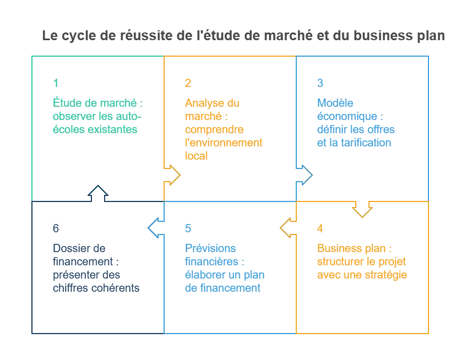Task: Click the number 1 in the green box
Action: click(x=56, y=83)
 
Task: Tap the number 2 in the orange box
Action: click(x=188, y=83)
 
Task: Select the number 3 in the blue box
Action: click(x=320, y=83)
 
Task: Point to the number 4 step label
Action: click(x=320, y=228)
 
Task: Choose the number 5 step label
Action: click(x=188, y=228)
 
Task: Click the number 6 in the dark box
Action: click(x=56, y=228)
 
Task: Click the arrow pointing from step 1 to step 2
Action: click(x=172, y=175)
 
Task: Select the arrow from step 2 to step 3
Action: click(x=305, y=175)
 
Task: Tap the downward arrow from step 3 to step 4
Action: click(x=362, y=209)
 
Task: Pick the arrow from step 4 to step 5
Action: click(x=288, y=228)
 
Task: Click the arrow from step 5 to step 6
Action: click(x=156, y=228)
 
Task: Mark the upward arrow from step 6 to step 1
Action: click(x=98, y=193)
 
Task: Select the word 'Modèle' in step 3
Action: click(x=335, y=103)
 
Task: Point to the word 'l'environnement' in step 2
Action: click(x=224, y=143)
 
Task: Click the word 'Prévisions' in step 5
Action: click(x=210, y=248)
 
